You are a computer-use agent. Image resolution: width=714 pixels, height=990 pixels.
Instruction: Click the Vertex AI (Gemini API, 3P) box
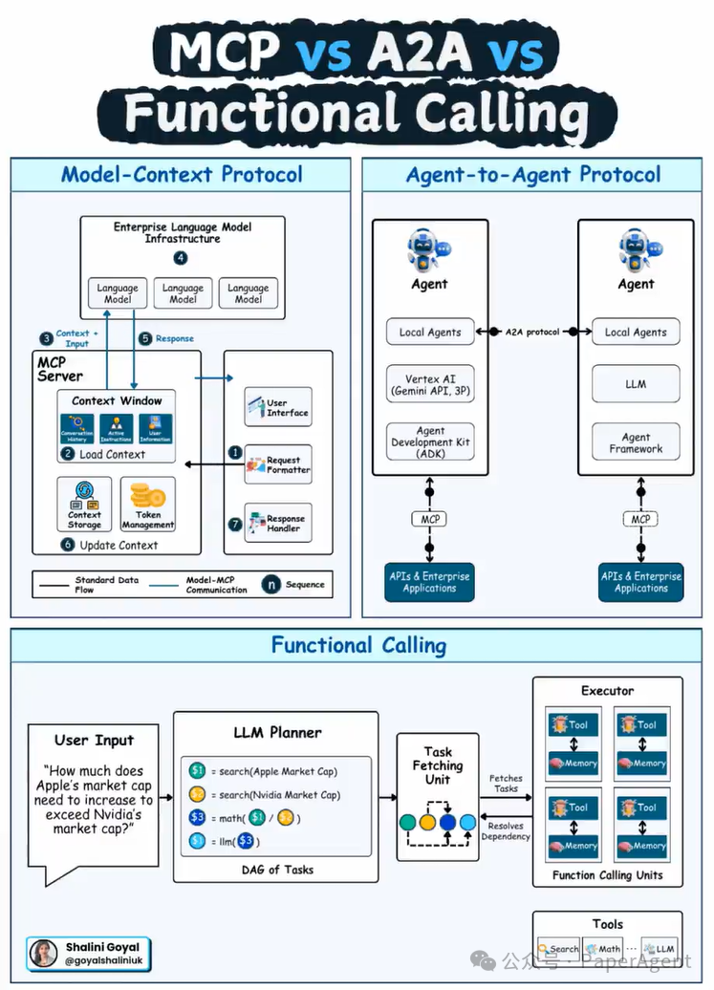click(429, 385)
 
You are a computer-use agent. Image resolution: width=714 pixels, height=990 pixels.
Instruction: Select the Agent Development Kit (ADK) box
click(429, 442)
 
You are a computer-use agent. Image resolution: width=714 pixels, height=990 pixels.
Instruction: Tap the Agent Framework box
click(635, 442)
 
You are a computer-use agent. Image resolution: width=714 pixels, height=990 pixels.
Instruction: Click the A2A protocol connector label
click(532, 332)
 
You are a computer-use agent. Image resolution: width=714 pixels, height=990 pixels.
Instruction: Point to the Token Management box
click(148, 505)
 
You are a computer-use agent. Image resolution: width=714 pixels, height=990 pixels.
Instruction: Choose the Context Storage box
click(84, 505)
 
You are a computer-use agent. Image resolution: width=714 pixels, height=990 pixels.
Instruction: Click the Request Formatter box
click(277, 465)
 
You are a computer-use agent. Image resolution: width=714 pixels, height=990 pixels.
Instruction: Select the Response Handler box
click(277, 523)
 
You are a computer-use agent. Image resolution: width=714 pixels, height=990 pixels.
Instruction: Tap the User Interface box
click(277, 407)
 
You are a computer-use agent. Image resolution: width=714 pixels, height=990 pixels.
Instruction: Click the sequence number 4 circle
click(182, 258)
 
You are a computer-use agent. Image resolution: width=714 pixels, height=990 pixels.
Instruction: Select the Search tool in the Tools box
click(559, 949)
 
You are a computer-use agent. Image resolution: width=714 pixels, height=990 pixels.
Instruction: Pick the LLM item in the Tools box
click(660, 949)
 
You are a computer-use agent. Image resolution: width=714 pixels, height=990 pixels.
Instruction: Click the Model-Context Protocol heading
click(182, 174)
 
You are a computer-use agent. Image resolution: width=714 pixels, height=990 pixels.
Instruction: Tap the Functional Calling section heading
click(358, 645)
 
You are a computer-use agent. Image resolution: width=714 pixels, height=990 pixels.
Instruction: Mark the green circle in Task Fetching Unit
click(408, 822)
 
